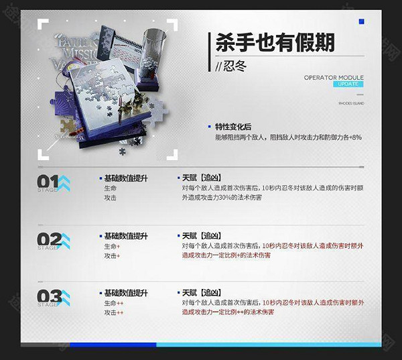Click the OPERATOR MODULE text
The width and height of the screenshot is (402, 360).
334,77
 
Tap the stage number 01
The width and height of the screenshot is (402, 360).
48,182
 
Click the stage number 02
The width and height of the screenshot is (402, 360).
48,239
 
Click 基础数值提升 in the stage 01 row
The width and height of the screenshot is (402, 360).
126,178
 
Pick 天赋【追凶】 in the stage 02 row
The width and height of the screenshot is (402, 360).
201,236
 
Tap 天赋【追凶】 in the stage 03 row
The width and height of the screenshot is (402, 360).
201,294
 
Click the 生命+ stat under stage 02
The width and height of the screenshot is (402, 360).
112,246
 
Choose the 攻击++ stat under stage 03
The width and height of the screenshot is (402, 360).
114,313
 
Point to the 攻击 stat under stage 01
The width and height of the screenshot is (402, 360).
110,198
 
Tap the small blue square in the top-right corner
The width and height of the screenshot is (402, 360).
362,22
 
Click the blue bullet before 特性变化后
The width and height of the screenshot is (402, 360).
210,127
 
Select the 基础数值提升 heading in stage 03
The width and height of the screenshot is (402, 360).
126,294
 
